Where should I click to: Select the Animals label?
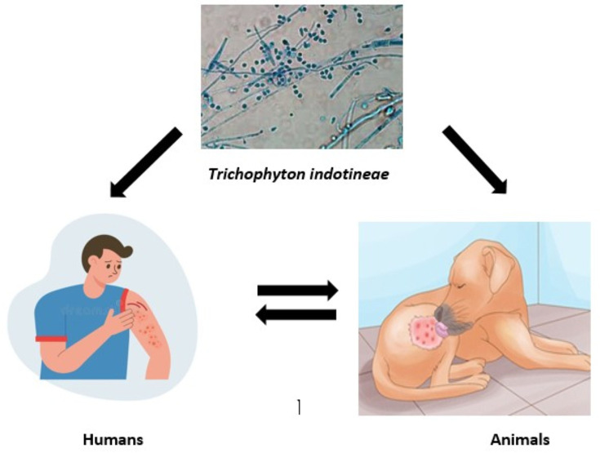point(519,440)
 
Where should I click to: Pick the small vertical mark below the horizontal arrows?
point(299,406)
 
